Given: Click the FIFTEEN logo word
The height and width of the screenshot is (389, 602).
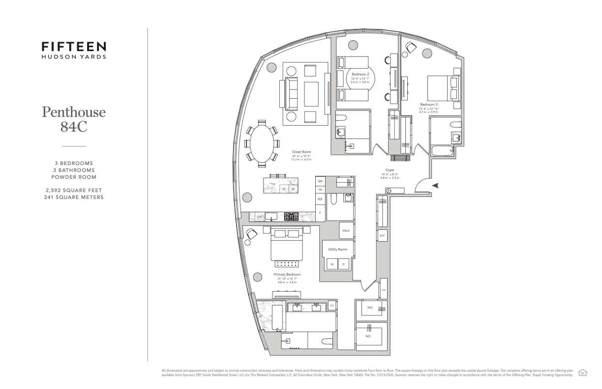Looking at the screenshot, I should pyautogui.click(x=74, y=47).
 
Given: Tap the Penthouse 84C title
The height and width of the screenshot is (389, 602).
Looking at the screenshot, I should pyautogui.click(x=74, y=119).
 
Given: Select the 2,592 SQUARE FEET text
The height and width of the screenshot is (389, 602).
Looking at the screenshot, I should pyautogui.click(x=74, y=190).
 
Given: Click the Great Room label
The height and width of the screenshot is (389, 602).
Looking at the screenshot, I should pyautogui.click(x=301, y=152).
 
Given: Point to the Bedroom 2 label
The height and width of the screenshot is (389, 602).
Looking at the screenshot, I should pyautogui.click(x=360, y=74).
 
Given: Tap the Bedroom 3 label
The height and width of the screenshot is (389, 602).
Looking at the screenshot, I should pyautogui.click(x=428, y=104).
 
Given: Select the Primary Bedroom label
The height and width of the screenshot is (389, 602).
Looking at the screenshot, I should pyautogui.click(x=287, y=275).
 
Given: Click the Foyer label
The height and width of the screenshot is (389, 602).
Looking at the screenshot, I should pyautogui.click(x=390, y=170).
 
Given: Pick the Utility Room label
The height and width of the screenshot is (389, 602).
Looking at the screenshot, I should pyautogui.click(x=337, y=250).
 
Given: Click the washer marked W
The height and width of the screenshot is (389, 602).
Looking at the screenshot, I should pyautogui.click(x=331, y=264).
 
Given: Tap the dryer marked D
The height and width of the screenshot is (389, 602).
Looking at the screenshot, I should pyautogui.click(x=343, y=264).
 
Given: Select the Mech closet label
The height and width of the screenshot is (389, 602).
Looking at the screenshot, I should pyautogui.click(x=346, y=230).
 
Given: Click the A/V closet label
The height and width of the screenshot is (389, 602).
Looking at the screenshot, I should pyautogui.click(x=382, y=236).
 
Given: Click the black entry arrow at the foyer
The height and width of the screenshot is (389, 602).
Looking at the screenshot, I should pyautogui.click(x=435, y=185).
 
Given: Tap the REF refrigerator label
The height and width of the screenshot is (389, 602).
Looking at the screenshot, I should pyautogui.click(x=320, y=199).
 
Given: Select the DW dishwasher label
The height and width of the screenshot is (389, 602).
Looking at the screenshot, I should pyautogui.click(x=259, y=216).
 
